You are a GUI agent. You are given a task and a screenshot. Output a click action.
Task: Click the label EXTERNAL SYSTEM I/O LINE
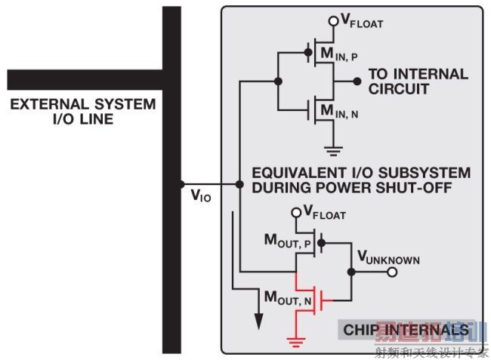click(x=82, y=111)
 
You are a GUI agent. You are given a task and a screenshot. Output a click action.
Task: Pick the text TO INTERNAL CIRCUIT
click(x=418, y=82)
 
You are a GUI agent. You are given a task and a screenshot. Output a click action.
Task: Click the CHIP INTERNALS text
click(x=406, y=330)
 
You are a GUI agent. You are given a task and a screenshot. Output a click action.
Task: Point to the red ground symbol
click(x=296, y=340)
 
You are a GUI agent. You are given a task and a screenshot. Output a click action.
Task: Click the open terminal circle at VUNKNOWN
click(x=392, y=272)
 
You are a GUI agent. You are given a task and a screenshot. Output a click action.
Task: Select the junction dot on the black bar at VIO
click(x=181, y=184)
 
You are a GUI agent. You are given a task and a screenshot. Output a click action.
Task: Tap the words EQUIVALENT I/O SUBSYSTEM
click(x=360, y=173)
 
